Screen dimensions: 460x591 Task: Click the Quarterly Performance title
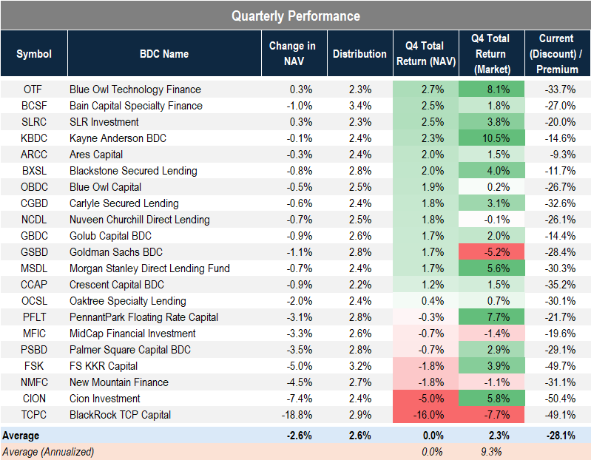295,16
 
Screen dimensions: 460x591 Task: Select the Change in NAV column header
291,53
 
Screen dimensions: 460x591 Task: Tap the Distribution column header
359,53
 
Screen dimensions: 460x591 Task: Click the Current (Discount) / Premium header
555,53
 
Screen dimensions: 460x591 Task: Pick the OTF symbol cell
33,89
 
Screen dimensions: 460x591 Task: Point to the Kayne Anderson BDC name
118,138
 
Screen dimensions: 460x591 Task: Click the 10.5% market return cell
491,138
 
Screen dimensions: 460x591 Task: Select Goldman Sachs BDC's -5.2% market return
491,252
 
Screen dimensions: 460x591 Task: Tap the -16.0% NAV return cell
425,415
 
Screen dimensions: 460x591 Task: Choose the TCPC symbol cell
33,415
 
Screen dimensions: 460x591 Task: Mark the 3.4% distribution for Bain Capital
359,106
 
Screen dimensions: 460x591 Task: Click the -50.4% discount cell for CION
557,399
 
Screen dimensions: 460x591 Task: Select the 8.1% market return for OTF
491,89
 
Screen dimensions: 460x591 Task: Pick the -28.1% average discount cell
557,436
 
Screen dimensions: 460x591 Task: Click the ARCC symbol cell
33,155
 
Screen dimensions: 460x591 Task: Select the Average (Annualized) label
48,451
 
